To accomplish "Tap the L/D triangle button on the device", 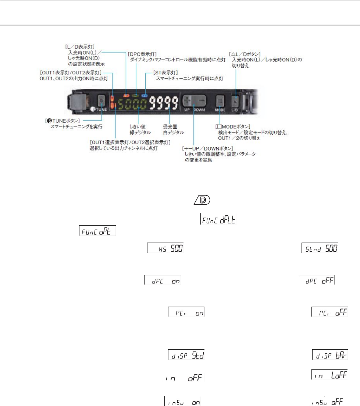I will (235, 100).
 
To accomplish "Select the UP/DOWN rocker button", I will (194, 100).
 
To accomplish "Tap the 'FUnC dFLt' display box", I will (218, 220).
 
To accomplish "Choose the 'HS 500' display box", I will (165, 247).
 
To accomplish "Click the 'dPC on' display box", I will (162, 280).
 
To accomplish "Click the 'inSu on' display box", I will (182, 401).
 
